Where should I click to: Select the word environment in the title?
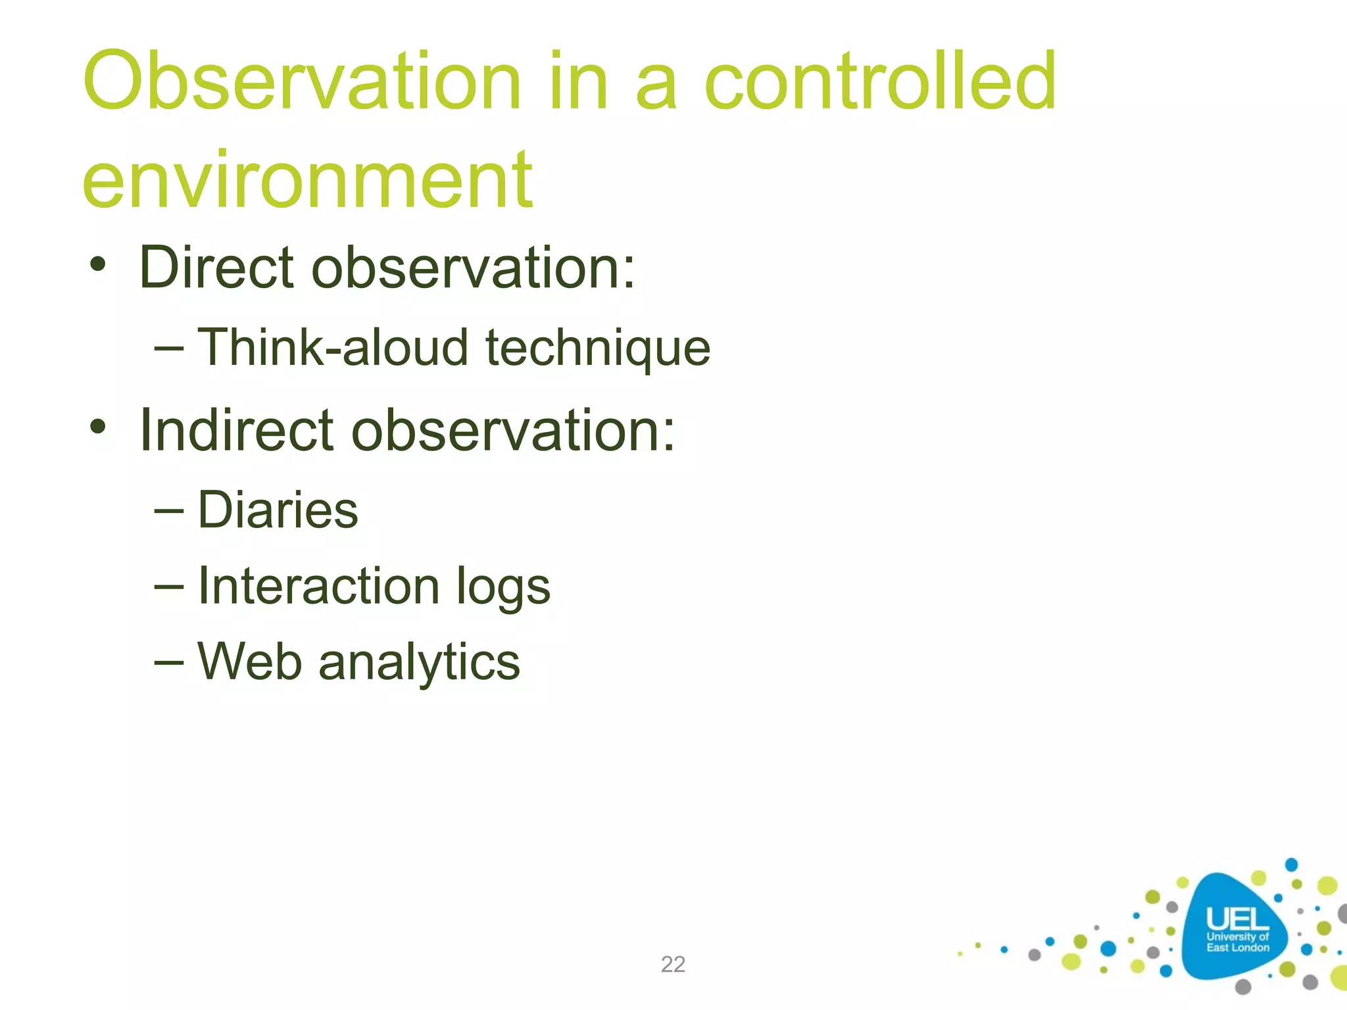pyautogui.click(x=307, y=180)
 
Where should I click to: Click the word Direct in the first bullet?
pyautogui.click(x=216, y=268)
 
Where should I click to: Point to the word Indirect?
pyautogui.click(x=237, y=431)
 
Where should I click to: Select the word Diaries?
pyautogui.click(x=278, y=510)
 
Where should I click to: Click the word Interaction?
pyautogui.click(x=318, y=586)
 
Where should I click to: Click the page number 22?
pyautogui.click(x=673, y=964)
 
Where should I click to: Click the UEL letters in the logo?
pyautogui.click(x=1237, y=919)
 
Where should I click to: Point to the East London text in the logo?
pyautogui.click(x=1237, y=948)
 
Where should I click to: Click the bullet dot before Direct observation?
pyautogui.click(x=98, y=266)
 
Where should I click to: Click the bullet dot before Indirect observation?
pyautogui.click(x=98, y=428)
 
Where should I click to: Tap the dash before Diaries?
pyautogui.click(x=168, y=510)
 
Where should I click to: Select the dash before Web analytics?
pyautogui.click(x=168, y=662)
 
